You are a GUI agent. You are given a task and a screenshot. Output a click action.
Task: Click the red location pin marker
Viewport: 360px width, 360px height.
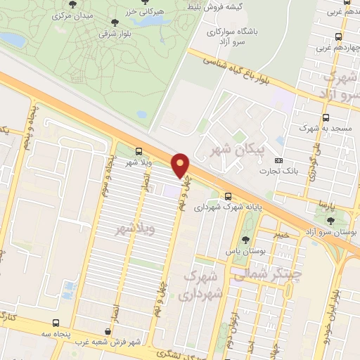pos(181,165)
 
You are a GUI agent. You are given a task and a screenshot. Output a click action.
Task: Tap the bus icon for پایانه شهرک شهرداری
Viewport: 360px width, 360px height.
pos(228,197)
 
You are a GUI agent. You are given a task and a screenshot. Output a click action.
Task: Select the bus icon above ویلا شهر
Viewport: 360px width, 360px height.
pos(139,151)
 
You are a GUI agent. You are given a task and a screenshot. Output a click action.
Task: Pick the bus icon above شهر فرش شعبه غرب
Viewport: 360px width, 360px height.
pos(106,331)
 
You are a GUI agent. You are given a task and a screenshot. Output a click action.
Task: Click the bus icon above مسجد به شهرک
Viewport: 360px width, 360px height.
pos(325,118)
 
